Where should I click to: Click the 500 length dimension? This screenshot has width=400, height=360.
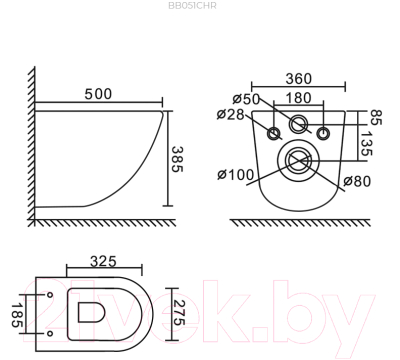pos(98,94)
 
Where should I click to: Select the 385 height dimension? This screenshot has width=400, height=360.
pos(178,159)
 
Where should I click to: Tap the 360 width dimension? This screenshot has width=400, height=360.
pos(299,79)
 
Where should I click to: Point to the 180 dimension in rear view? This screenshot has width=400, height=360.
pos(299,98)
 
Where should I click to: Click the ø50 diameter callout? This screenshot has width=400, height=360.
pos(246,99)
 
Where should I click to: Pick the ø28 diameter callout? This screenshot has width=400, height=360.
pos(231,114)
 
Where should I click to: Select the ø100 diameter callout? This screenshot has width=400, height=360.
pos(236,174)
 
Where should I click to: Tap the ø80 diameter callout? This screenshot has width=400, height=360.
pos(357,181)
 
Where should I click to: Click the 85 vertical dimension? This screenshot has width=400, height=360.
pos(375,117)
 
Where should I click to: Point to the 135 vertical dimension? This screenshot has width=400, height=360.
pos(367,144)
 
